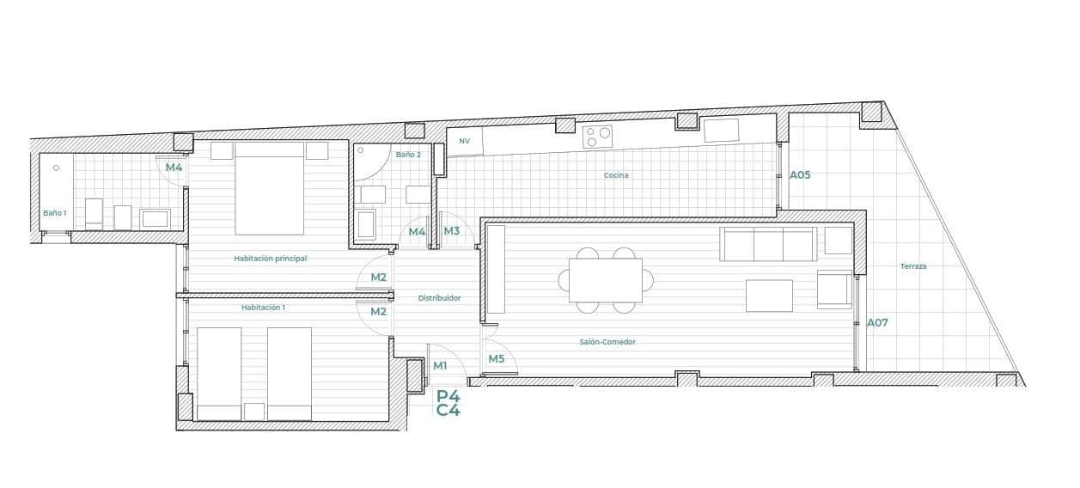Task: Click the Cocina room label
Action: coord(616,175)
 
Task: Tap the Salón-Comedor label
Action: coord(607,342)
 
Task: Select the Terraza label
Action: coord(913,266)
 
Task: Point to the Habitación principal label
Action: coord(270,259)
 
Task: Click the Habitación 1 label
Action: coord(263,307)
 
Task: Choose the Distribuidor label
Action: coord(439,298)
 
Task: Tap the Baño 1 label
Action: coord(55,213)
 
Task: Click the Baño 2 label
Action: coord(408,155)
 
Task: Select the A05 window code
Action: coord(800,174)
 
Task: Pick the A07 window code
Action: coord(877,323)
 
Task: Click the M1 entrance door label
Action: coord(440,365)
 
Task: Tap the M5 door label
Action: coord(497,358)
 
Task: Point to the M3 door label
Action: coord(451,231)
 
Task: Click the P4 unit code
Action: coord(448,396)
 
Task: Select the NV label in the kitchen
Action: coord(465,141)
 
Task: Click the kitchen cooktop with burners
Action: coord(597,135)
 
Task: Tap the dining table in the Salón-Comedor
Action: coord(605,280)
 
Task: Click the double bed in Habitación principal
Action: coord(270,188)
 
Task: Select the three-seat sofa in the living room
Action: coord(768,244)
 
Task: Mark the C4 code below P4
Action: coord(448,411)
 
